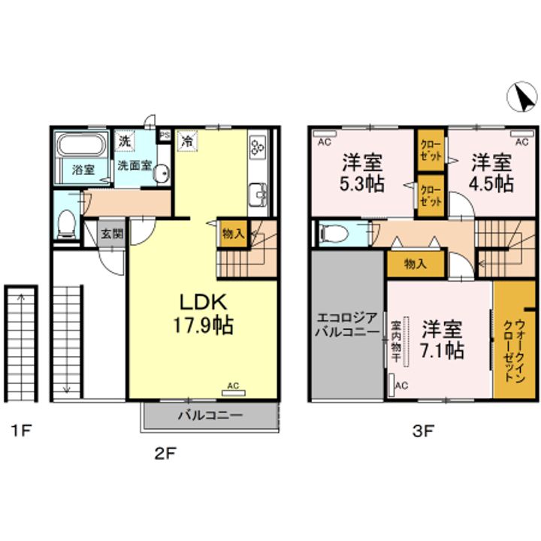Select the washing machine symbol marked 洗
point(124,141)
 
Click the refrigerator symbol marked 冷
point(187,141)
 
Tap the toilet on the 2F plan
point(65,224)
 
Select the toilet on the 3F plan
point(334,234)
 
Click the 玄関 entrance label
point(112,234)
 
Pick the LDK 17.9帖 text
point(203,314)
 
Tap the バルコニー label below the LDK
point(210,415)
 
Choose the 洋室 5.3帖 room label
point(362,173)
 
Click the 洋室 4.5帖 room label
point(491,173)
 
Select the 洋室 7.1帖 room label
point(442,340)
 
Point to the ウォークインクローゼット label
point(515,351)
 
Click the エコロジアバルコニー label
point(347,325)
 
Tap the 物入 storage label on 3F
point(416,264)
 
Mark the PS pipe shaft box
point(165,135)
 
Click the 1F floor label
point(21,431)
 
